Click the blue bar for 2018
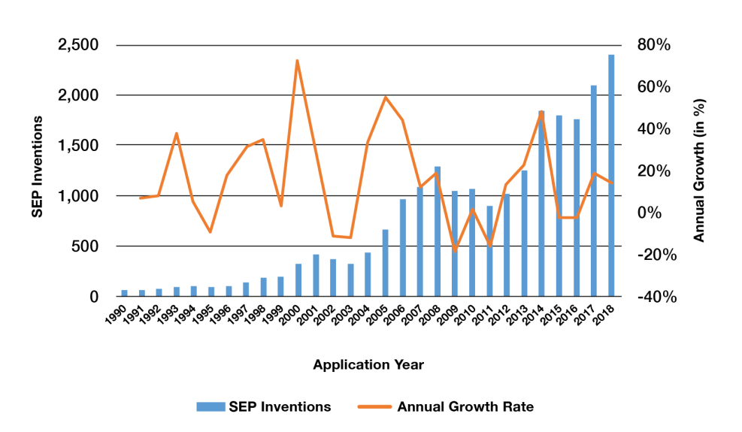pos(611,176)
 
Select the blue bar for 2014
pos(541,204)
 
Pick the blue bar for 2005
pos(385,263)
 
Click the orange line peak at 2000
pos(298,61)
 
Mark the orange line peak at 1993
pos(176,134)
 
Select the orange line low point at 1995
pos(210,232)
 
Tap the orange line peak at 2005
pos(385,97)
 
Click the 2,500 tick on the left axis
pos(78,45)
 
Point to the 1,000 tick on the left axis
pos(78,196)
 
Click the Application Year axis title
pos(368,365)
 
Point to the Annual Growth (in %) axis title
pos(698,171)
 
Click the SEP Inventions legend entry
pos(264,406)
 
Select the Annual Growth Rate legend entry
pos(451,406)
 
